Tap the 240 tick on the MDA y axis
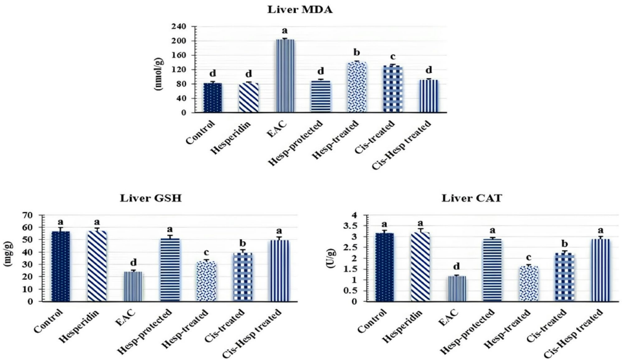coord(179,26)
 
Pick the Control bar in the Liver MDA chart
coord(213,98)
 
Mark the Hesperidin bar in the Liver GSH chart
coord(97,266)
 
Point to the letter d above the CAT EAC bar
coord(457,266)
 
